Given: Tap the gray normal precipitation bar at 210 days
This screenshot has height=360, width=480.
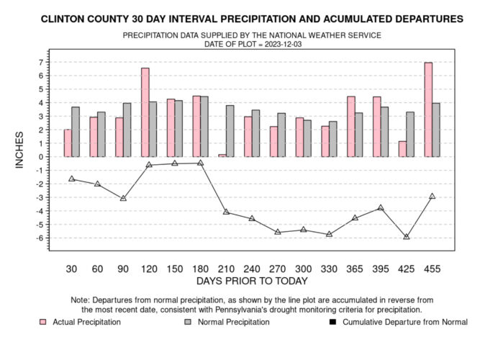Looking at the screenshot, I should click(230, 131).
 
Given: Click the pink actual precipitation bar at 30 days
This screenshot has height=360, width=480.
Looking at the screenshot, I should click(68, 143).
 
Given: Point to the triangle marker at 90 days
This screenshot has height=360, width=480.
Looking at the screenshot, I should click(124, 198).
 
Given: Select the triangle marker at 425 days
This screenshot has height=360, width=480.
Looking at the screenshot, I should click(406, 236).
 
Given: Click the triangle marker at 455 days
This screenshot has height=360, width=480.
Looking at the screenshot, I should click(432, 196).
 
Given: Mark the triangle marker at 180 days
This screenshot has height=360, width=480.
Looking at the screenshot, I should click(201, 163).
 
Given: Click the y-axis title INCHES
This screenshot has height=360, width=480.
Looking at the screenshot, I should click(21, 150).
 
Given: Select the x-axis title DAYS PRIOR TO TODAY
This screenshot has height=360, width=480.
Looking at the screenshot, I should click(252, 281).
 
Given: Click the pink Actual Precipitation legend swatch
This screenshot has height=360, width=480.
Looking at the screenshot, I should click(43, 323).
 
